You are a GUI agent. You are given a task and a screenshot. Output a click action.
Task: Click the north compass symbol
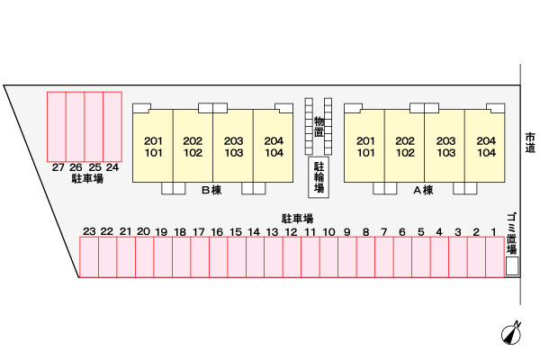(511, 332)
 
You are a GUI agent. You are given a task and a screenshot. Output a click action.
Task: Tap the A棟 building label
(423, 190)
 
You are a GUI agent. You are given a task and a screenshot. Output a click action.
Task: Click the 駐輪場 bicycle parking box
(319, 178)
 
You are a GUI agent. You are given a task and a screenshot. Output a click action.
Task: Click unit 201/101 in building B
(153, 147)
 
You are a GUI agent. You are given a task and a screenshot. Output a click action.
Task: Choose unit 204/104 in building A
(485, 147)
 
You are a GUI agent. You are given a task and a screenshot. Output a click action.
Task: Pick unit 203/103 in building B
(233, 147)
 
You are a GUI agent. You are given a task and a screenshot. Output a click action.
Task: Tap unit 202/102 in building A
(405, 147)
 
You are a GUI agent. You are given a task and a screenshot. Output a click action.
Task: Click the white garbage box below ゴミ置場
(512, 266)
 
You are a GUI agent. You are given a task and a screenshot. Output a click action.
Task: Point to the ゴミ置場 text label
(511, 230)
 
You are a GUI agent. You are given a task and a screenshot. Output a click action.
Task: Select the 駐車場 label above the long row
(297, 218)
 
